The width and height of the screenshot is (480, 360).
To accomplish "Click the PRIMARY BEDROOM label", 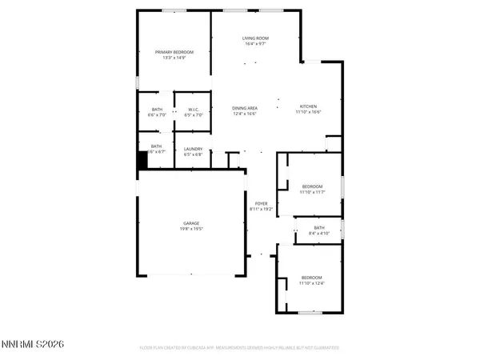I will (x=174, y=52).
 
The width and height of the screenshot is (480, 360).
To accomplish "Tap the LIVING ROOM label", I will (x=256, y=38).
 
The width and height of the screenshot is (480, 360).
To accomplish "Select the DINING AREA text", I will (x=245, y=107).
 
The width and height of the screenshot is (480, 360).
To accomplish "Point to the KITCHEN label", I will (x=309, y=106).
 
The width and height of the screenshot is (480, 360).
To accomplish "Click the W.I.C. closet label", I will (x=194, y=110).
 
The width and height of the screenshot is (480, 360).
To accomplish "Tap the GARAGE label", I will (x=191, y=223).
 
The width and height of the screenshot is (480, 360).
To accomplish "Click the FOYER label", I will (x=261, y=204).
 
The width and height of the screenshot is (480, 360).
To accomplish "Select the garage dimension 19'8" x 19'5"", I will (x=191, y=229).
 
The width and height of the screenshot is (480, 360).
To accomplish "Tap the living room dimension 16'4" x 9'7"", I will (x=256, y=43).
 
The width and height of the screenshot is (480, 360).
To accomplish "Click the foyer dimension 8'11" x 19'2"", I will (x=261, y=210).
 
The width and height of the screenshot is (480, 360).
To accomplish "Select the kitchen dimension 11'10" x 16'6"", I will (x=309, y=113).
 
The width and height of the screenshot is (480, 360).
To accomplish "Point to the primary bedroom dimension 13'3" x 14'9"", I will (x=174, y=58).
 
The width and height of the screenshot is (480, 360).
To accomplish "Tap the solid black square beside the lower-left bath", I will (x=143, y=159).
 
